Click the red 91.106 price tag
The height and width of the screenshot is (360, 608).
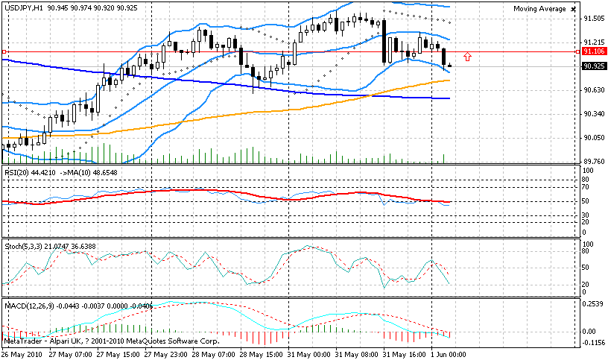(x=593, y=51)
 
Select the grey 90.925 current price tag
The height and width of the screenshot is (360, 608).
(x=593, y=66)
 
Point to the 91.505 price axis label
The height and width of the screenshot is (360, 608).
(x=594, y=19)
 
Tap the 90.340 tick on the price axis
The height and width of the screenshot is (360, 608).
(x=594, y=114)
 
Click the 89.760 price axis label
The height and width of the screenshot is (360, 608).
(x=594, y=161)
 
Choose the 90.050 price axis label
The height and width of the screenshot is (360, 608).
(x=594, y=138)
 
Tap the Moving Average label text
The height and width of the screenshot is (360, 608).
(x=538, y=9)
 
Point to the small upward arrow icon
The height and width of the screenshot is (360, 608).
(x=467, y=57)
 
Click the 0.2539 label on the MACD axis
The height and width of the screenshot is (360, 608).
(x=594, y=304)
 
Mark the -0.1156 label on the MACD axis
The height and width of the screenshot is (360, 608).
(x=594, y=343)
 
